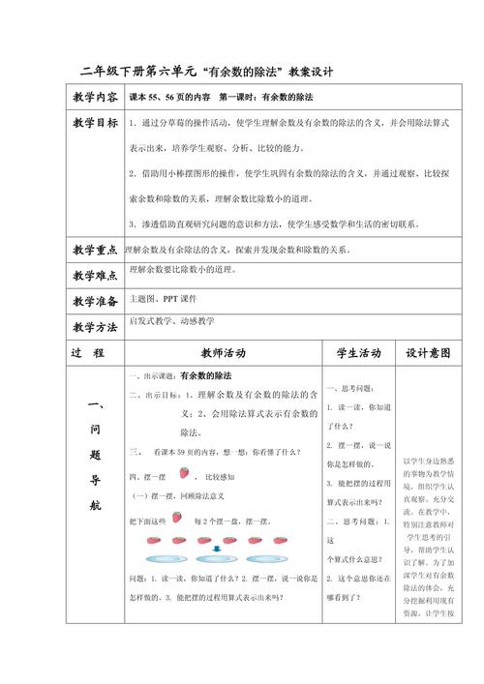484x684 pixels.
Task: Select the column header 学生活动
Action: pyautogui.click(x=358, y=353)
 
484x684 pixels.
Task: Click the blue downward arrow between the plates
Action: pyautogui.click(x=218, y=547)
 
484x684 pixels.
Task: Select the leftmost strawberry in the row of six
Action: pyautogui.click(x=152, y=539)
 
